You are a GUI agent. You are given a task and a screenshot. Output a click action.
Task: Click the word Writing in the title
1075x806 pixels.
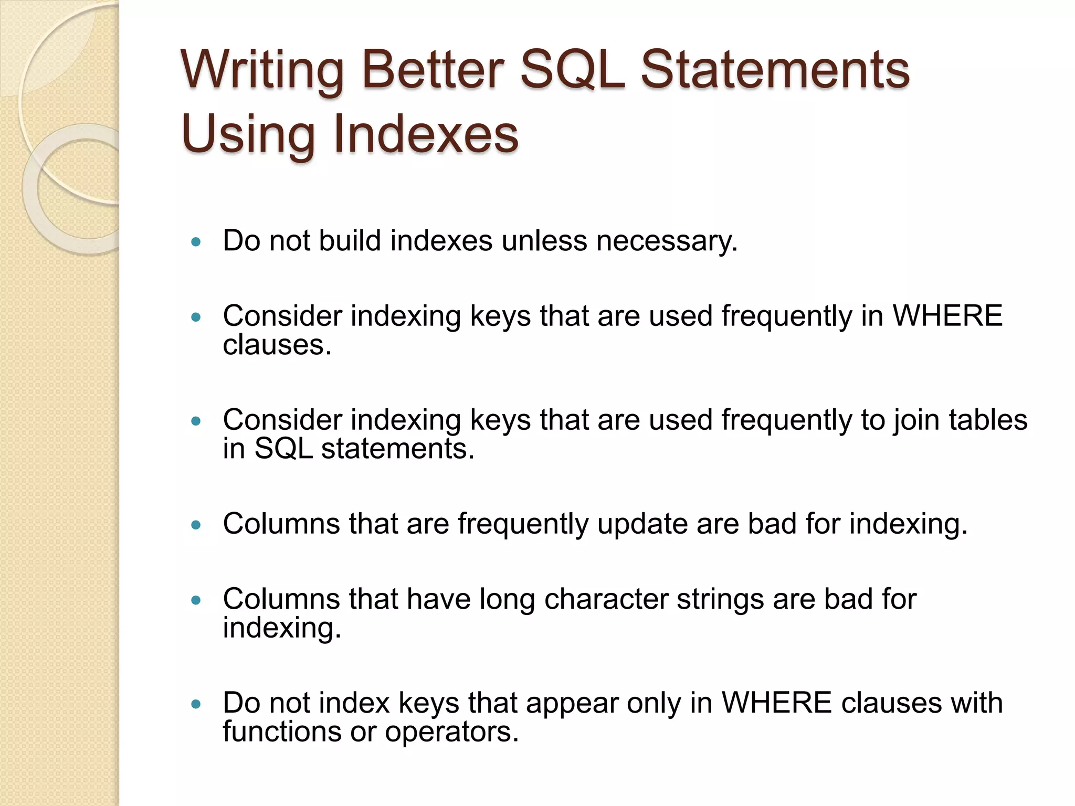point(262,71)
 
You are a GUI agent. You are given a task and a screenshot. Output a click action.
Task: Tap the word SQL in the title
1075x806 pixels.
point(573,71)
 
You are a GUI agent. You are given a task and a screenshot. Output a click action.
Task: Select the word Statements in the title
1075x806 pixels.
point(775,71)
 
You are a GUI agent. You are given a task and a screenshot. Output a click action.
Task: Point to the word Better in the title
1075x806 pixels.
point(433,71)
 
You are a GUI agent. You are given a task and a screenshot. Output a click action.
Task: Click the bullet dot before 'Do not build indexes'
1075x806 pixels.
point(196,242)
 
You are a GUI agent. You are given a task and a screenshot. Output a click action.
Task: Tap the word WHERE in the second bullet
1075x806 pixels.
point(947,316)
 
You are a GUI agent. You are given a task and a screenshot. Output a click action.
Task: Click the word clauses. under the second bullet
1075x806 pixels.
point(277,345)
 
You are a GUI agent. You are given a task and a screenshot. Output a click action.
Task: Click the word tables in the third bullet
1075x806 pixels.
point(988,420)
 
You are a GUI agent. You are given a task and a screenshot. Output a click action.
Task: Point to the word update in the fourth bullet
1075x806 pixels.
point(642,524)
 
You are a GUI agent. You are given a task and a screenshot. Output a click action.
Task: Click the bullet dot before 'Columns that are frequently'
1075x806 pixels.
point(196,525)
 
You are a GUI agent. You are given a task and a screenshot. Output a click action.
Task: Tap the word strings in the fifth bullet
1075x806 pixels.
point(720,599)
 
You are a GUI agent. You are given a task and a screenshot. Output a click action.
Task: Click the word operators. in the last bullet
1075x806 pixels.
point(452,732)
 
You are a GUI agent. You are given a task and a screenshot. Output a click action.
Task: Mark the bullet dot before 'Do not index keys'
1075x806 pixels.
point(196,704)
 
